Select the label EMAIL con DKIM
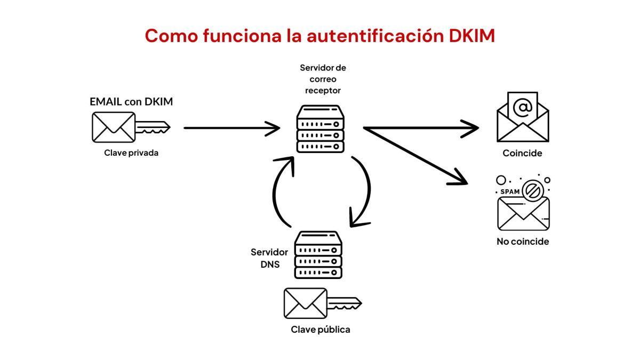(x=131, y=101)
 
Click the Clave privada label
(x=131, y=153)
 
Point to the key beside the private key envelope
(x=153, y=127)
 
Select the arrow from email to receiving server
(x=231, y=128)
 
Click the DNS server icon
(x=318, y=255)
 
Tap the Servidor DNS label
(x=270, y=258)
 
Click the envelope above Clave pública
(x=305, y=303)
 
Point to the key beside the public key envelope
(x=345, y=303)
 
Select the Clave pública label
(x=321, y=330)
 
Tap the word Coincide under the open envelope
(x=522, y=154)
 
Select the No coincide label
(x=522, y=242)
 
